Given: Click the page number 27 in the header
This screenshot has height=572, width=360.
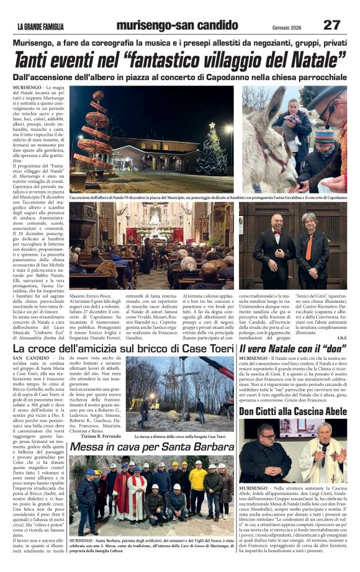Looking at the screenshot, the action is pos(331,24).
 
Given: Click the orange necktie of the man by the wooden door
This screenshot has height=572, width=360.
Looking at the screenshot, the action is pos(309,246).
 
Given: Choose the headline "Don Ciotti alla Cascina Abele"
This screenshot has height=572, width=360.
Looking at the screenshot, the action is pos(293,411).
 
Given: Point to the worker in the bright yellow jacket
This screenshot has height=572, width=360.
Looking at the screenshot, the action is pos(198,481).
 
